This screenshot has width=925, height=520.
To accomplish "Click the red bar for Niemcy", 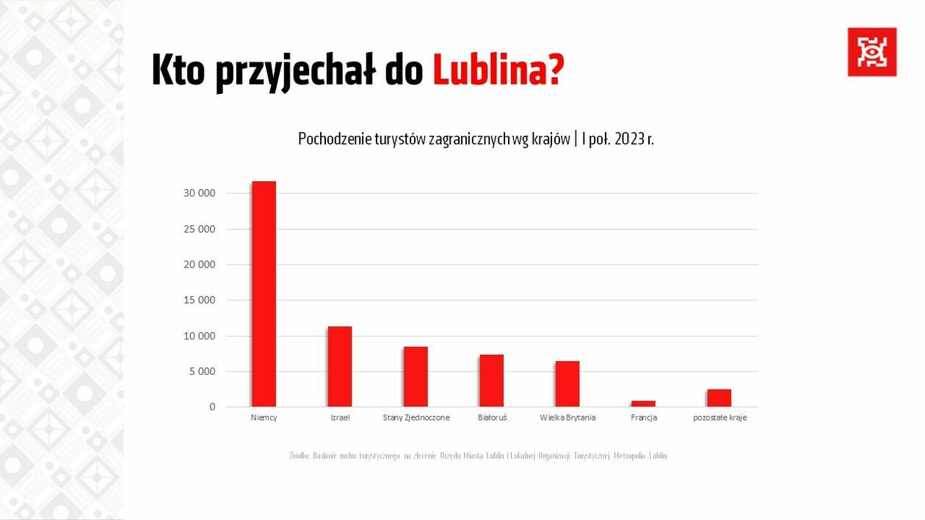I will click(264, 293).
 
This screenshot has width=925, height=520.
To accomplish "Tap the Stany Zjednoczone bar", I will click(416, 377).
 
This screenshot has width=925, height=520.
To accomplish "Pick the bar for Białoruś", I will click(491, 381).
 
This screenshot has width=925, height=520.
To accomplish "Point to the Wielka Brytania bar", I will click(567, 384).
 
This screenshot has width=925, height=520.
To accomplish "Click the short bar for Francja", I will click(643, 403).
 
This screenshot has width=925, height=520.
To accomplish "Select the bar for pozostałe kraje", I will click(719, 398).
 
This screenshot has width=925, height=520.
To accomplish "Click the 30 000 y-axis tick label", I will click(200, 193).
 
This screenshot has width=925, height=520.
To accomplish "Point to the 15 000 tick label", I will click(200, 300).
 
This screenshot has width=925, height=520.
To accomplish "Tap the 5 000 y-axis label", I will click(203, 371).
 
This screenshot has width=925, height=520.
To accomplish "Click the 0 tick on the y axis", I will click(212, 406).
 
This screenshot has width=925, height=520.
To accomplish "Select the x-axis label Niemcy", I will click(264, 417).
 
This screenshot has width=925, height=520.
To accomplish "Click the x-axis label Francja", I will click(644, 417).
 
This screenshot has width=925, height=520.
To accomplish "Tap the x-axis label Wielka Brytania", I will click(567, 417).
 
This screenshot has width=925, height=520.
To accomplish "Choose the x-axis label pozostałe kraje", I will click(719, 417).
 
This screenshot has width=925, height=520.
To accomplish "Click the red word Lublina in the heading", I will click(497, 70).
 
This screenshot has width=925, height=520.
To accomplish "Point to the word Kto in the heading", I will click(178, 70).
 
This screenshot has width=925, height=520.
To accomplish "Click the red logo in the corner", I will click(871, 52).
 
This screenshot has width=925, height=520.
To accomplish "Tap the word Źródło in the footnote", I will click(299, 456).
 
